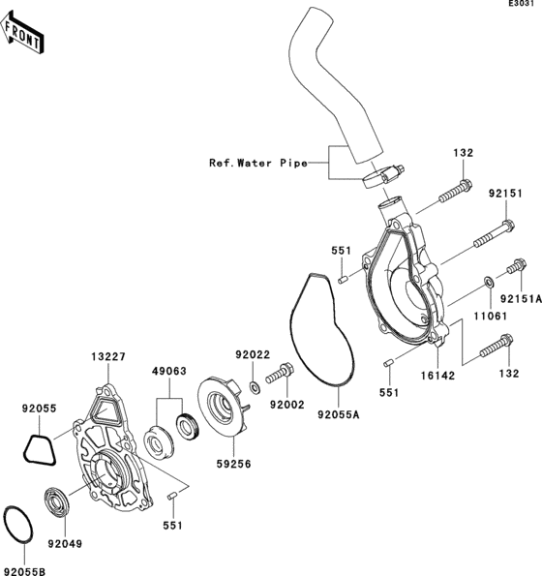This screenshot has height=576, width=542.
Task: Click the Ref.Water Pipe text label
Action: click(258, 164)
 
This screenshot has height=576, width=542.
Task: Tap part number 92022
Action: click(251, 354)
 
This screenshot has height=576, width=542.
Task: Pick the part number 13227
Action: click(108, 356)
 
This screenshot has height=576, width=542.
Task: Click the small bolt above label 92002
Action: click(285, 371)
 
